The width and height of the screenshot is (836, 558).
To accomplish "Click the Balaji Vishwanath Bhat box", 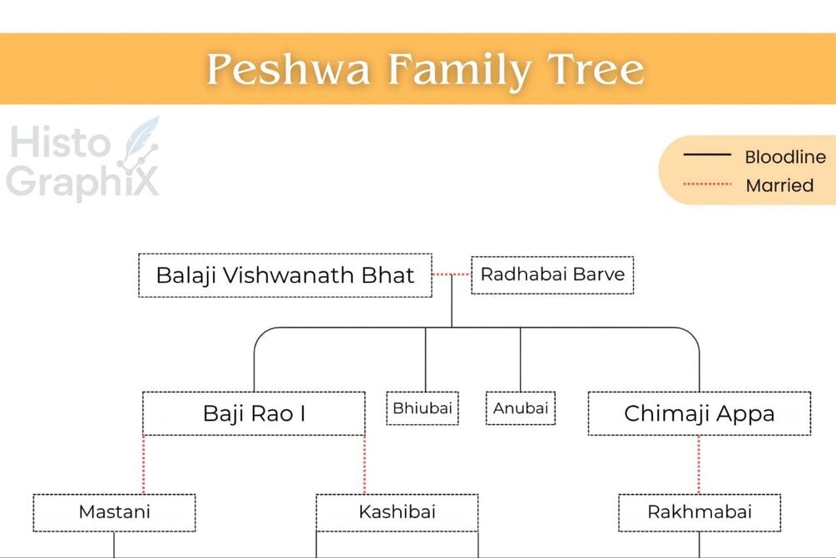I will (284, 275).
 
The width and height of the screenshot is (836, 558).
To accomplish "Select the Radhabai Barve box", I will (552, 274).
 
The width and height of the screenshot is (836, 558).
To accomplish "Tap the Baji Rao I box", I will (254, 413).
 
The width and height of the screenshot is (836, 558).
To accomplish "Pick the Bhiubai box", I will (423, 408).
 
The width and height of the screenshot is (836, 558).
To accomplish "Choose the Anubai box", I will (521, 408).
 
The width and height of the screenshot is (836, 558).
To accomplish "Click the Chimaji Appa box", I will (699, 413).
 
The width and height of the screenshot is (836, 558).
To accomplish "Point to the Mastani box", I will (114, 511).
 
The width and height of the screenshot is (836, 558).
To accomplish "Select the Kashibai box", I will (397, 511).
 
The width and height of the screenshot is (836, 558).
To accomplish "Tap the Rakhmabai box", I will (699, 511).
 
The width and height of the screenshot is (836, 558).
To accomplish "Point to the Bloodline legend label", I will (784, 156).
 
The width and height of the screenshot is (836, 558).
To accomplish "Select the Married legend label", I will (779, 185).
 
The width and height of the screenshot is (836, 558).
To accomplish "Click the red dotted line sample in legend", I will (706, 185).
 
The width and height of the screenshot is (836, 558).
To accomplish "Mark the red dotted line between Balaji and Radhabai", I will (451, 274).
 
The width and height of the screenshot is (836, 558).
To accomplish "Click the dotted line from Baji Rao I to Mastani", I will (144, 464).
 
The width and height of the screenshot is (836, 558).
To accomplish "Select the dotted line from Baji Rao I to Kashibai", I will (364, 464).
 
